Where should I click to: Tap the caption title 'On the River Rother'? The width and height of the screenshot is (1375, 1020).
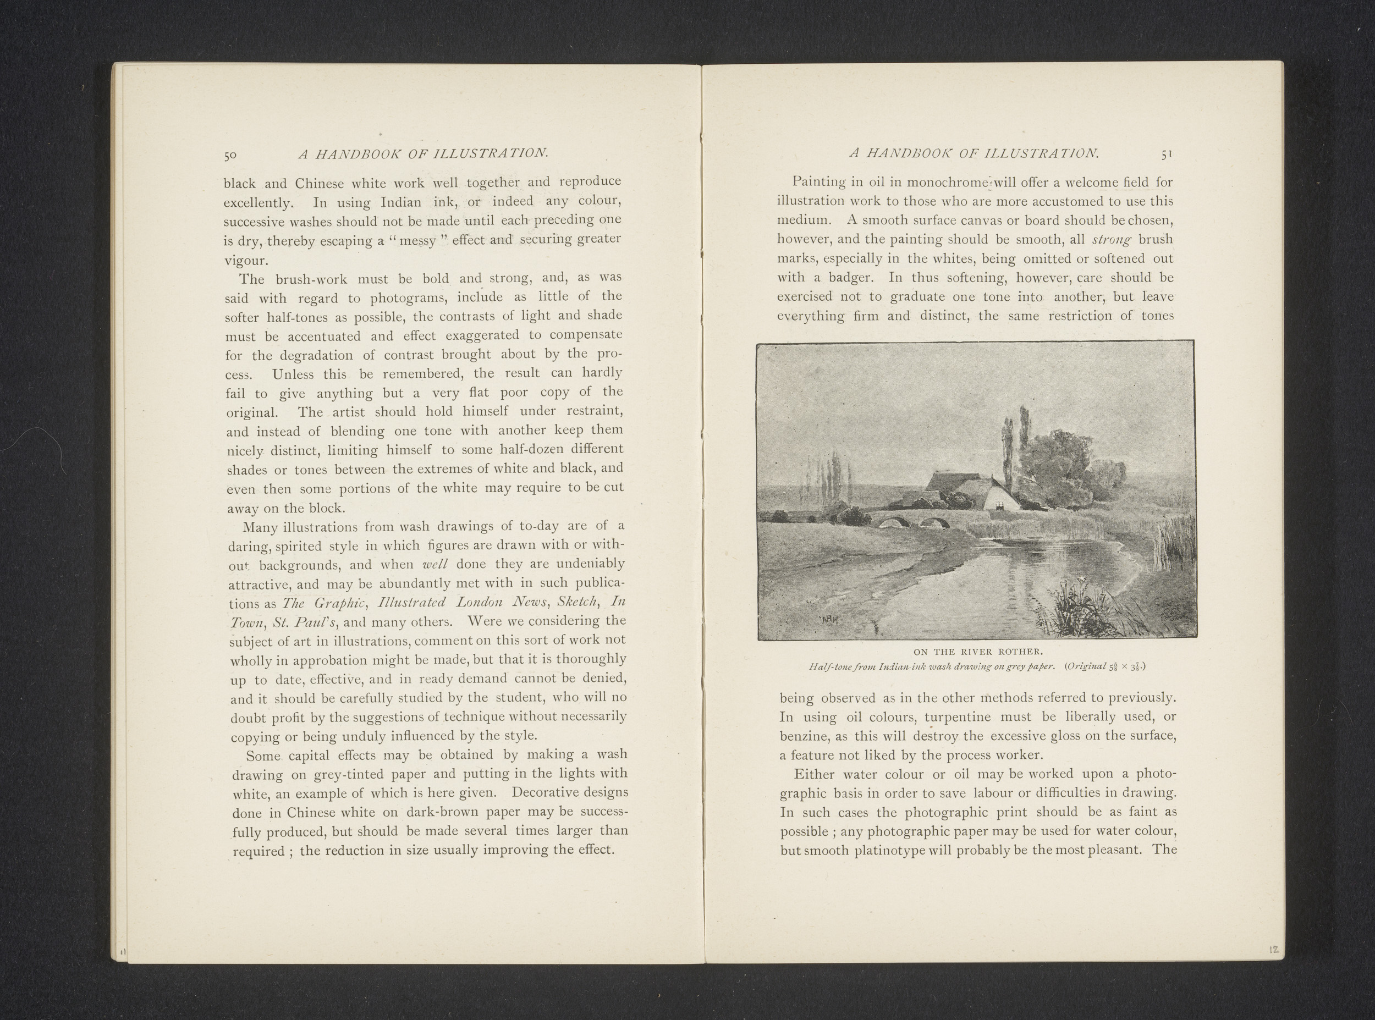point(977,652)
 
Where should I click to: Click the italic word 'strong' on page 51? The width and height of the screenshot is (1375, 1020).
point(1113,239)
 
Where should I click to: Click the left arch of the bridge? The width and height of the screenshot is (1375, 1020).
point(890,523)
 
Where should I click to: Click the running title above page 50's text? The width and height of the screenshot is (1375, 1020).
point(423,154)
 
